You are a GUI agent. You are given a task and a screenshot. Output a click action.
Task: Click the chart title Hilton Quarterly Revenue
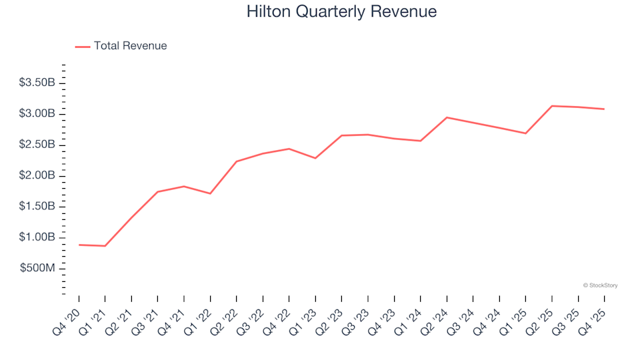pos(341,12)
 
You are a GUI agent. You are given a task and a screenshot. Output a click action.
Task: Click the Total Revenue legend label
pos(130,46)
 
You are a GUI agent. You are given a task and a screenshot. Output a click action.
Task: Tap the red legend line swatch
pos(83,47)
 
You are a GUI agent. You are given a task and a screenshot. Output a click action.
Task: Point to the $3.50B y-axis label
pos(38,83)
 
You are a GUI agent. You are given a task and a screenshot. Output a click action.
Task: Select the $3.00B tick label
pos(38,114)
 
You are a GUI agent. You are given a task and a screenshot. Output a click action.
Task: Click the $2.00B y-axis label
pos(38,176)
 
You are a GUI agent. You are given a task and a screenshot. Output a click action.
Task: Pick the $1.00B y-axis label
pos(38,238)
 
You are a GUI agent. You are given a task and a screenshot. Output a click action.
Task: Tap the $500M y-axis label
pos(39,269)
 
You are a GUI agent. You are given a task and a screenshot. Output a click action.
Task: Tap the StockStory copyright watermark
pos(600,285)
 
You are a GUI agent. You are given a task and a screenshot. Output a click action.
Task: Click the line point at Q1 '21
pos(105,246)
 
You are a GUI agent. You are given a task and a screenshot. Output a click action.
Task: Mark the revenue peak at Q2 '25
pos(552,106)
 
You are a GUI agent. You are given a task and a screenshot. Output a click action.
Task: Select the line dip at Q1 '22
pos(210,193)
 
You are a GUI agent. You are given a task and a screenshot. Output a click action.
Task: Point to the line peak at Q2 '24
pos(447,117)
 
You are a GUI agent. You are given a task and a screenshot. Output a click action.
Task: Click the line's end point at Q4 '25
pos(604,109)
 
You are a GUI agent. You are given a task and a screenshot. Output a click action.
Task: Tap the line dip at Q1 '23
pos(315,158)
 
